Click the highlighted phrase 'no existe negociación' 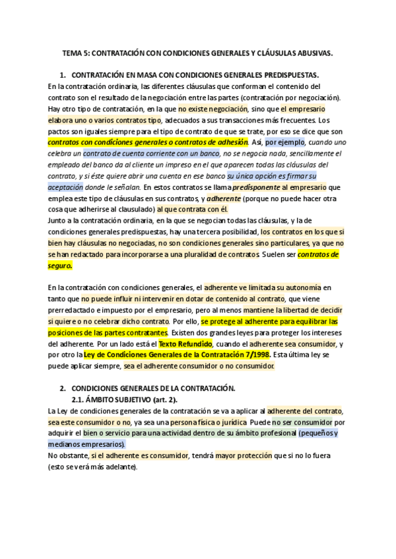[214, 109]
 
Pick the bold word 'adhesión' [232, 142]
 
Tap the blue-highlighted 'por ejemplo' [285, 142]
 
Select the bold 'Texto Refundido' [186, 344]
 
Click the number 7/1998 [253, 355]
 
